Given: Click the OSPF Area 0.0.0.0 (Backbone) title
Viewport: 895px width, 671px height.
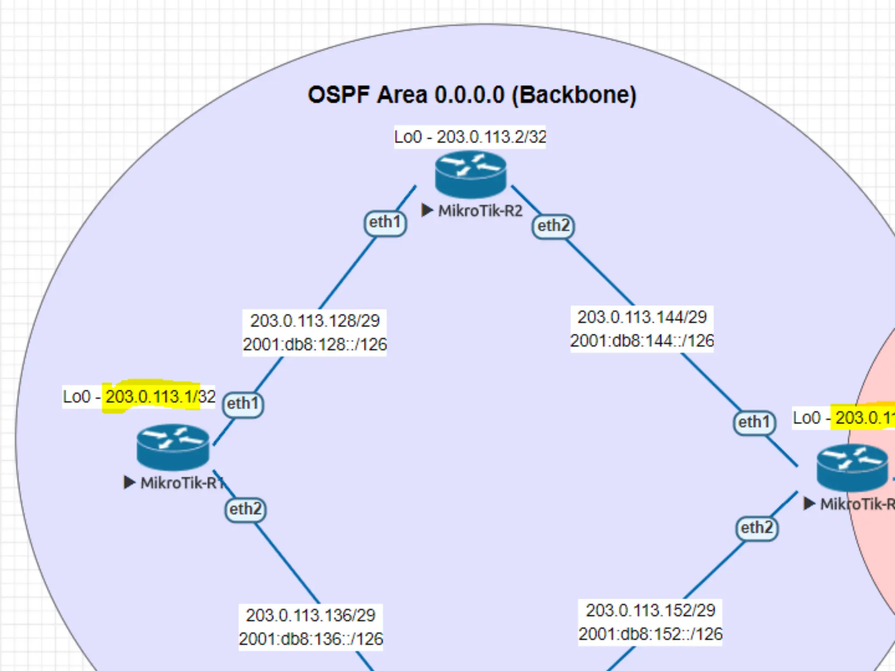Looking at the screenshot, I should click(472, 95).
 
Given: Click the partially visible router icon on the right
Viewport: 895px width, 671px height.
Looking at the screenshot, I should click(852, 467).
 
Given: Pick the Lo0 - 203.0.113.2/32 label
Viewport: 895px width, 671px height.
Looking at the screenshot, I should click(470, 137).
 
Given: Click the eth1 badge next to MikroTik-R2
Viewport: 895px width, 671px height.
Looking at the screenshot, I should click(385, 222).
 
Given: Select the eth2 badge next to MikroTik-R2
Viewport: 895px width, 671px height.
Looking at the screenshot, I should click(553, 226).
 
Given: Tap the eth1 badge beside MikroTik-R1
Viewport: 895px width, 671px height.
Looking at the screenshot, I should click(243, 404).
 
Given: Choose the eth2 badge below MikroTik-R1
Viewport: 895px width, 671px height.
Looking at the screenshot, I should click(245, 509).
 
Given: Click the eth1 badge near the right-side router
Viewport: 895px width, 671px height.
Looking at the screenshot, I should click(754, 422).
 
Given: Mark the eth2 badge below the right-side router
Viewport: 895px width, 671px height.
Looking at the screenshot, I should click(757, 528).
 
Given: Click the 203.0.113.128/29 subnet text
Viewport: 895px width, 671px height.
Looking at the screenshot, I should click(315, 321).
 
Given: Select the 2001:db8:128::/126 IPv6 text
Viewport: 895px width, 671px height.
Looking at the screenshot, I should click(315, 345).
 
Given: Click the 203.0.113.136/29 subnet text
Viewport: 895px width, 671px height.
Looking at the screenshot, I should click(310, 616).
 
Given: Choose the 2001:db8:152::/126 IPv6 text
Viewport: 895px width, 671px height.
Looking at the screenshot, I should click(650, 634).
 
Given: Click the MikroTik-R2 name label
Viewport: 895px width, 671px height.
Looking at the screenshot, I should click(480, 211).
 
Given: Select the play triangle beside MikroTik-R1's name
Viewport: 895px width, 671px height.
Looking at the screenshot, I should click(129, 483).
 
